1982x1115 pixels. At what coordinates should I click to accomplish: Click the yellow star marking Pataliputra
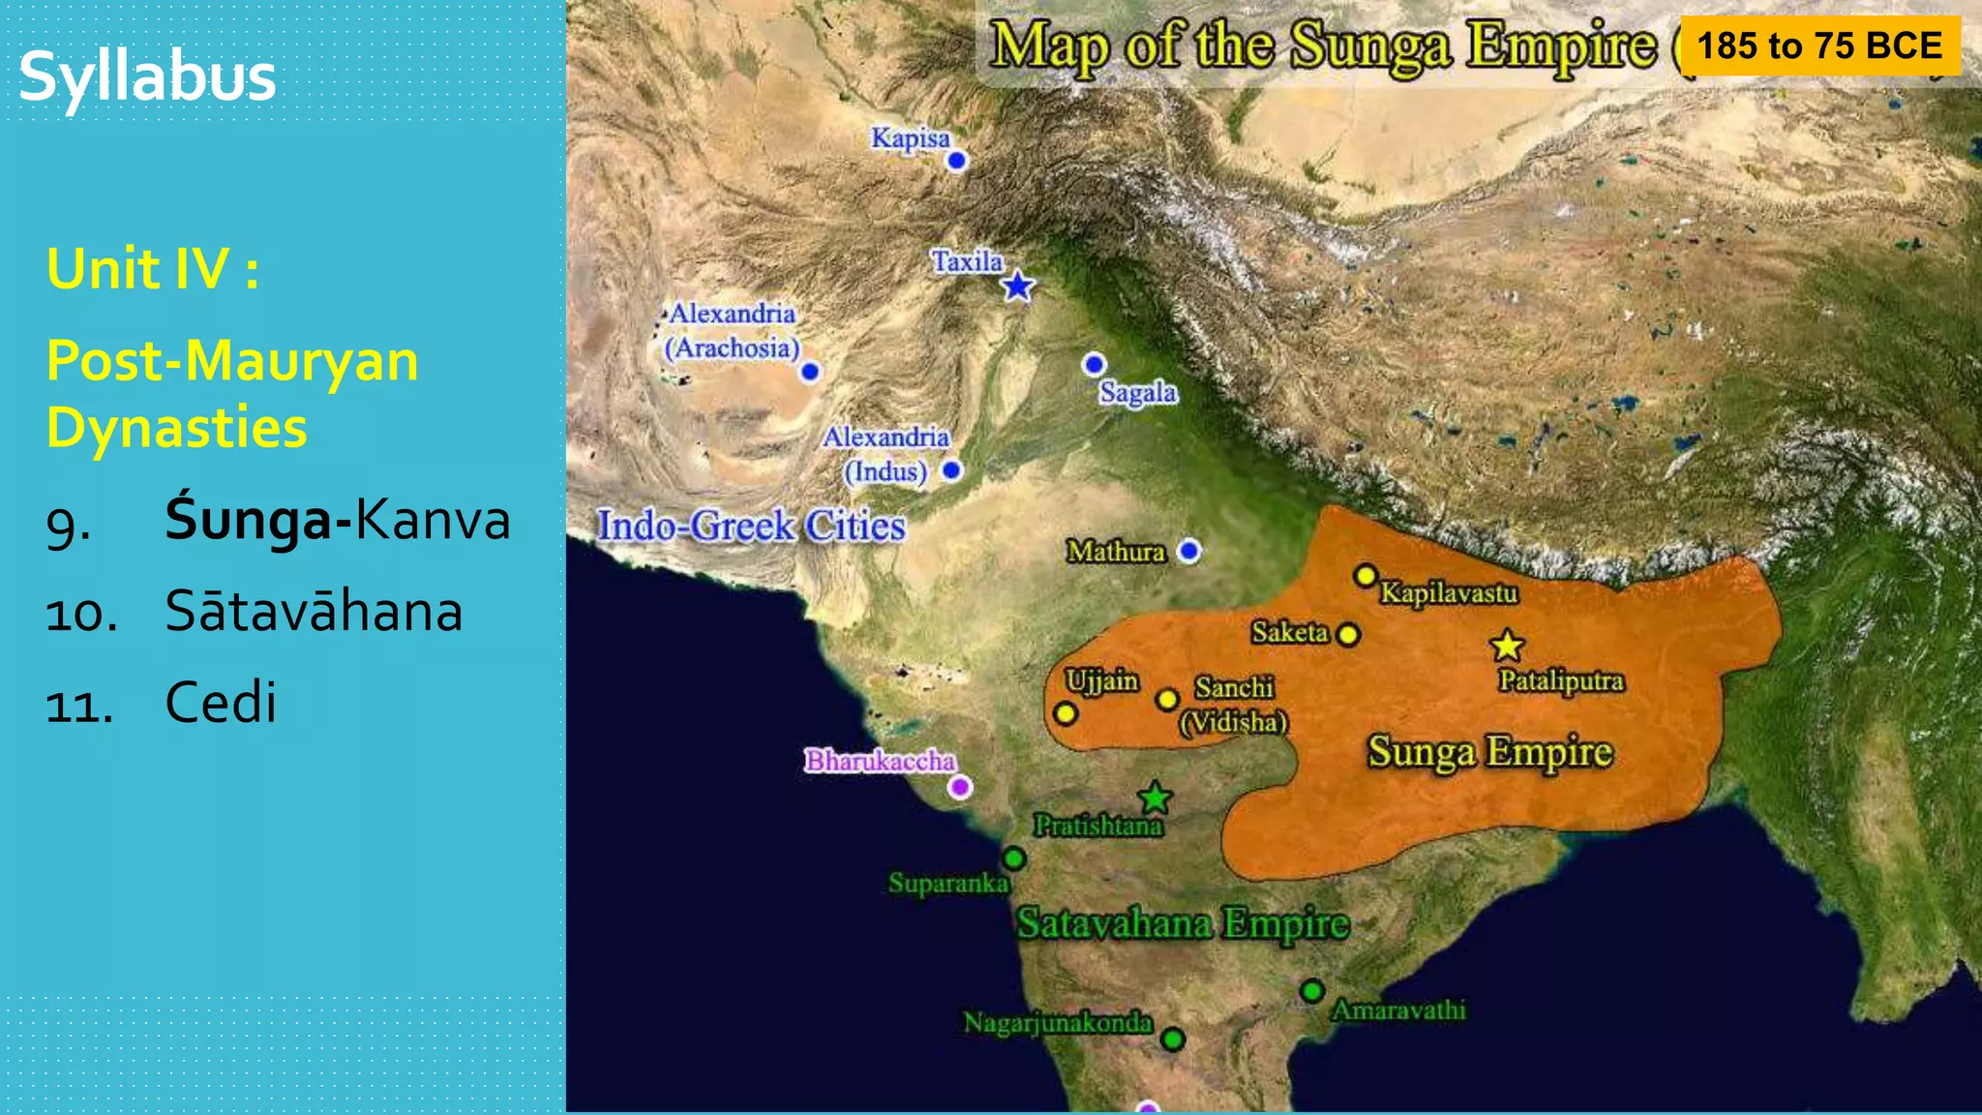[x=1507, y=646]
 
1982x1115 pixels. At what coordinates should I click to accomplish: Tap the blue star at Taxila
[x=1017, y=286]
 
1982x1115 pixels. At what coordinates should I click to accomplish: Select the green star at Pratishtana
[x=1155, y=799]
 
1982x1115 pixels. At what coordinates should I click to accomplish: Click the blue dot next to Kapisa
[x=956, y=161]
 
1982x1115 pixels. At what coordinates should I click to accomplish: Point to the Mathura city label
[x=1116, y=552]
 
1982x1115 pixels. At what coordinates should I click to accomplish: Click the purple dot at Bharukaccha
[x=959, y=787]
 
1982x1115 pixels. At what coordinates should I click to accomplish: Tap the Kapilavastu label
[x=1449, y=592]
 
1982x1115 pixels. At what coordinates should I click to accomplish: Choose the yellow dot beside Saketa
[x=1348, y=635]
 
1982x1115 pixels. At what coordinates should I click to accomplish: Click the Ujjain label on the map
[x=1101, y=680]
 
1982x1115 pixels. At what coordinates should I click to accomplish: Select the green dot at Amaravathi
[x=1312, y=991]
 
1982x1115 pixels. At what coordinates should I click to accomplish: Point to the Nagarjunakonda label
[x=1058, y=1022]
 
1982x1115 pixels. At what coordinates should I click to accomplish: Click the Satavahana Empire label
[x=1182, y=923]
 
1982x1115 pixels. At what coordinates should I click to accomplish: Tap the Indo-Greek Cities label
[x=751, y=526]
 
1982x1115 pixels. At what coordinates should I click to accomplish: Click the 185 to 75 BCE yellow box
[x=1819, y=45]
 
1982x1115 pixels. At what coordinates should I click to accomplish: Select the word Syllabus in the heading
[x=147, y=76]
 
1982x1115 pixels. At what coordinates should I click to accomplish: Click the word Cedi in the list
[x=221, y=702]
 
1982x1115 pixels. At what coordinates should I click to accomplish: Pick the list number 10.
[x=81, y=614]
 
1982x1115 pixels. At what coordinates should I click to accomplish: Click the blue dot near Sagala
[x=1094, y=364]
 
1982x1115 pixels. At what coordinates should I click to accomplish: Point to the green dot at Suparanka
[x=1013, y=859]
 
